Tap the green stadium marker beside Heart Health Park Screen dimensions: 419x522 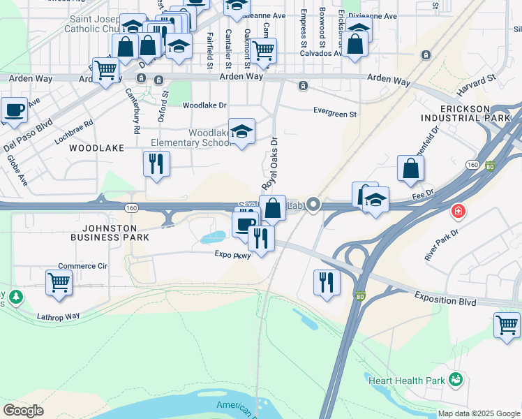pyautogui.click(x=456, y=380)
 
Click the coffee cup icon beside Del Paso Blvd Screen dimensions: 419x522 pyautogui.click(x=14, y=109)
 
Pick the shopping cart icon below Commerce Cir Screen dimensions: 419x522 pyautogui.click(x=59, y=282)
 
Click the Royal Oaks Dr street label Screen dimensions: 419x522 pyautogui.click(x=269, y=163)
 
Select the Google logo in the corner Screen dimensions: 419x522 pyautogui.click(x=23, y=411)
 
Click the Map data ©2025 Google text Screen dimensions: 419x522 pyautogui.click(x=478, y=413)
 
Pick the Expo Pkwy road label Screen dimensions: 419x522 pyautogui.click(x=232, y=256)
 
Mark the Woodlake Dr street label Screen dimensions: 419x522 pyautogui.click(x=204, y=105)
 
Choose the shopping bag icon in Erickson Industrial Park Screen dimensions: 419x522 pyautogui.click(x=411, y=168)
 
